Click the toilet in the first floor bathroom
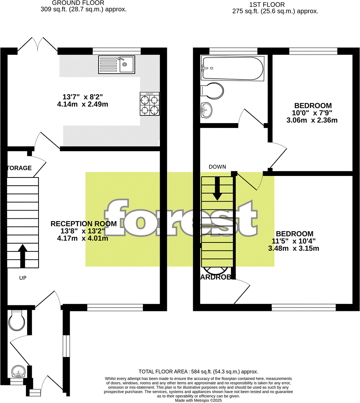(212, 91)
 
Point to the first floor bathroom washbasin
(206, 110)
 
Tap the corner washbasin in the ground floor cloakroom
(18, 372)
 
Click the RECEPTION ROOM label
(83, 224)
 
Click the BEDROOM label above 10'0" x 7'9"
(313, 106)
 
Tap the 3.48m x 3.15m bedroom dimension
(294, 248)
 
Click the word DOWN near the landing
(217, 167)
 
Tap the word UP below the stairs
(23, 278)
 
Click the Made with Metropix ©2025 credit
(199, 400)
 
